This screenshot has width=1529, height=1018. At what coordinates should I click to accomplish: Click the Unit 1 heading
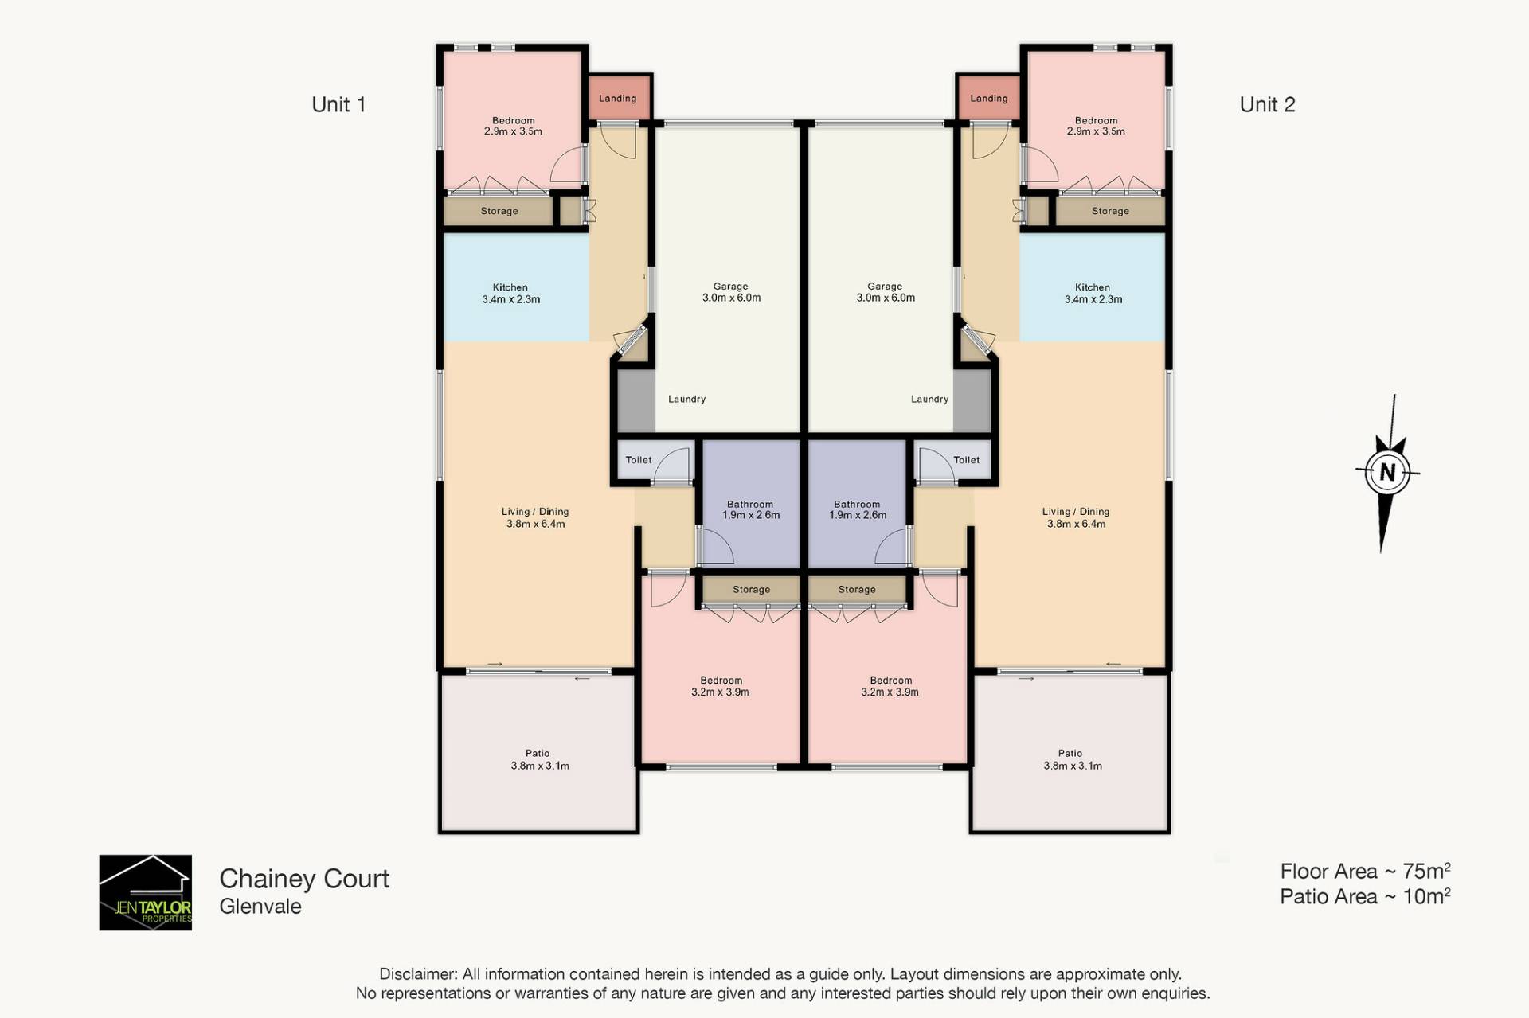[x=338, y=104]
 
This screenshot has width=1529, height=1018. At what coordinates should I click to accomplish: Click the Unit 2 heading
[x=1267, y=104]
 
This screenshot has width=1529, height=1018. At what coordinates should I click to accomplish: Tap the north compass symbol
[x=1387, y=473]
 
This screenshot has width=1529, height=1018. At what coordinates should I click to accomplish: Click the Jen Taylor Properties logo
[x=145, y=892]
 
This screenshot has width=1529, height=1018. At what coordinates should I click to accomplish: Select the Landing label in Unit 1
[x=617, y=99]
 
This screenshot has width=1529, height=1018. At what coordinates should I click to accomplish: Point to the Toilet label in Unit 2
[x=966, y=460]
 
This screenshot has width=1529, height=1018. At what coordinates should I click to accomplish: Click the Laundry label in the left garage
[x=686, y=400]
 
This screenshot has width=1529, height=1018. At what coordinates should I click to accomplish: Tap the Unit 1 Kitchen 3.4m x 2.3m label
[x=510, y=294]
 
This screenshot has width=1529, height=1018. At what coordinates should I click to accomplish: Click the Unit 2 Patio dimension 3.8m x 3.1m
[x=1073, y=766]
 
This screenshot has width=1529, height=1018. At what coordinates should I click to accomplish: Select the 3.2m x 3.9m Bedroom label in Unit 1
[x=721, y=686]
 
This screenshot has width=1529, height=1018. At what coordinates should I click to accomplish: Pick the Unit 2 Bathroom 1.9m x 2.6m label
[x=858, y=509]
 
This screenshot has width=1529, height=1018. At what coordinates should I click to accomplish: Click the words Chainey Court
[x=304, y=879]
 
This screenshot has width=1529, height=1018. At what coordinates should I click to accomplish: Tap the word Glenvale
[x=260, y=907]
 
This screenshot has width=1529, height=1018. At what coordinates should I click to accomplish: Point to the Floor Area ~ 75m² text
[x=1365, y=871]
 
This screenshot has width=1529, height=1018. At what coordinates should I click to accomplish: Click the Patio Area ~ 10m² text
[x=1365, y=896]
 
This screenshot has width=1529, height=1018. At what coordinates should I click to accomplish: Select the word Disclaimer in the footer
[x=417, y=974]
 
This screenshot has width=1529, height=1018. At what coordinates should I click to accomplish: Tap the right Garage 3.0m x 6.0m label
[x=885, y=292]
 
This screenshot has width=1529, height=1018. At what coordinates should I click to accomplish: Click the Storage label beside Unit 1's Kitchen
[x=499, y=211]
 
